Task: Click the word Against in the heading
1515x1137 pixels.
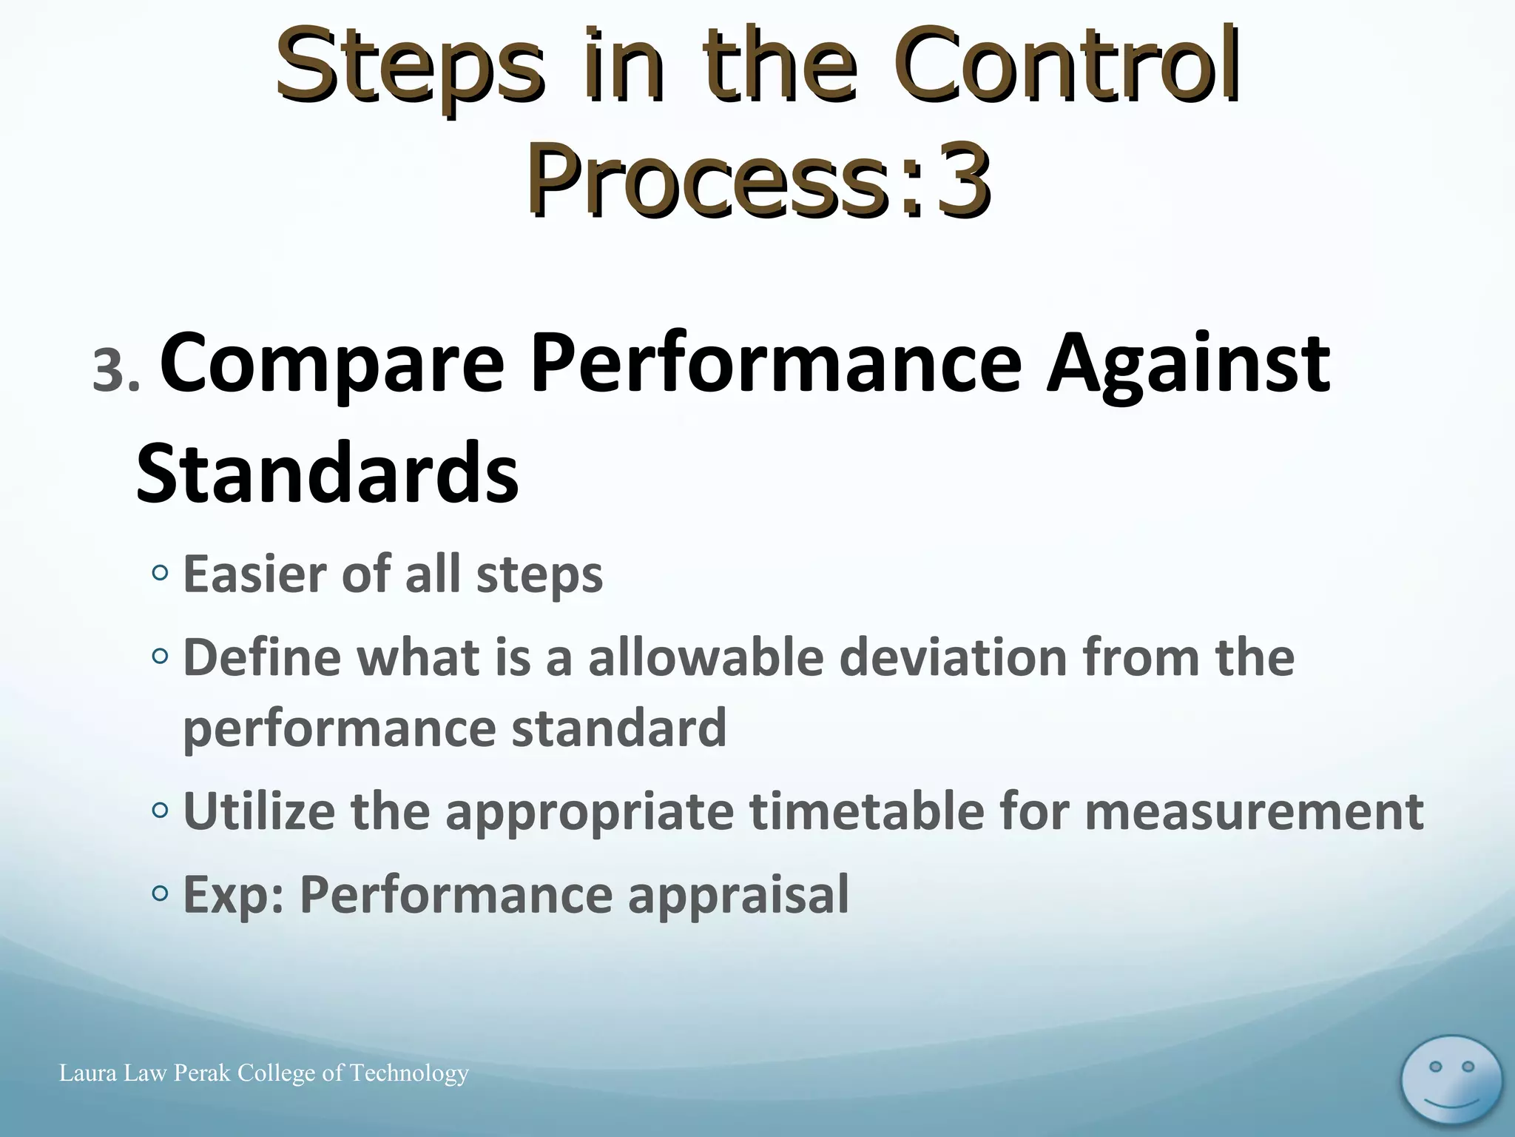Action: click(1188, 364)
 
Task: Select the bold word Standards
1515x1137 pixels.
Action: click(328, 472)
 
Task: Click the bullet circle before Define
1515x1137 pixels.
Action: click(160, 656)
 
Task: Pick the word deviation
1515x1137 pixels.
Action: click(953, 657)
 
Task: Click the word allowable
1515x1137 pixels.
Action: click(706, 657)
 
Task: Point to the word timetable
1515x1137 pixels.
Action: click(866, 812)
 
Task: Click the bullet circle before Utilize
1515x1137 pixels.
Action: click(160, 811)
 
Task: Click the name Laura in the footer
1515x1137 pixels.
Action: click(88, 1073)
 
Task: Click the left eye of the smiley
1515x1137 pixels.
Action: click(1435, 1067)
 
